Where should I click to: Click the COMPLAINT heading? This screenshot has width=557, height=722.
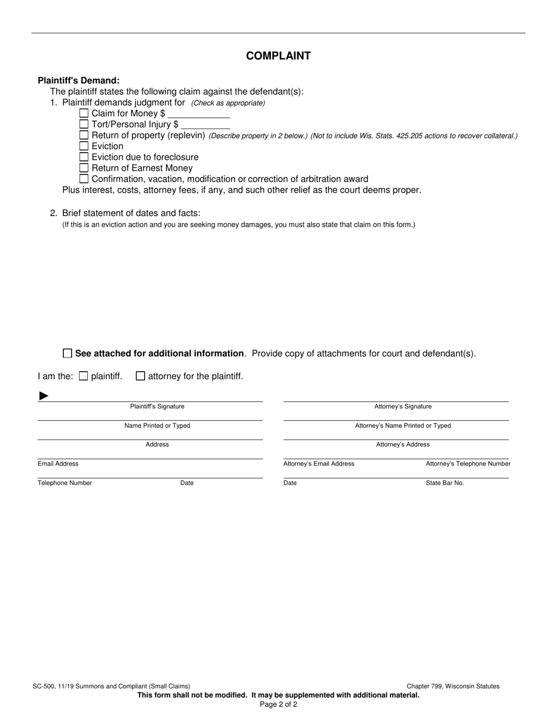pos(278,56)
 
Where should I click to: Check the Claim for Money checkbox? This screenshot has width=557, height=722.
pos(84,113)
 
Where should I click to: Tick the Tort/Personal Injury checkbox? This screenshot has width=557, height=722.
pos(84,124)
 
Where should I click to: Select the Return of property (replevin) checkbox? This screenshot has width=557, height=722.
pos(84,135)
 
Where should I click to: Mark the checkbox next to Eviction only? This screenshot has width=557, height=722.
pos(84,146)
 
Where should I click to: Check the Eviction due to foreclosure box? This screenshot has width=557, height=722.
pos(84,157)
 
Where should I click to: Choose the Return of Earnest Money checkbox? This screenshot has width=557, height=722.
pos(84,168)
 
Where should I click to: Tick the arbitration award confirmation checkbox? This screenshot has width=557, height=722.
pos(84,179)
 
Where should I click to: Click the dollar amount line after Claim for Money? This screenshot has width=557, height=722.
pos(199,115)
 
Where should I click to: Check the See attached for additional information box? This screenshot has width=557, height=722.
pos(67,353)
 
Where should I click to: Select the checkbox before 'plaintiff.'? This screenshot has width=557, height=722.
pos(83,376)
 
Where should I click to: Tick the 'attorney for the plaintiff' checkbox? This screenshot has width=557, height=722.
pos(141,376)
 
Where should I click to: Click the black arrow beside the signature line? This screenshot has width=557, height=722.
pos(43,396)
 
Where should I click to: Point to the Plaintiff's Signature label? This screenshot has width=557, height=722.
pos(157,407)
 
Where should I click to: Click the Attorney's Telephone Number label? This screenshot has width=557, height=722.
pos(468,464)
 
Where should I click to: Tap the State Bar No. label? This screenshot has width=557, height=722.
pos(444,483)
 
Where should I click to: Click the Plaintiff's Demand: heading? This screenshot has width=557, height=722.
pos(79,80)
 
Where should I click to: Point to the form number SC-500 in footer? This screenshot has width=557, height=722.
pos(46,686)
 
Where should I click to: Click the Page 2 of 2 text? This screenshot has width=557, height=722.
pos(278,704)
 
